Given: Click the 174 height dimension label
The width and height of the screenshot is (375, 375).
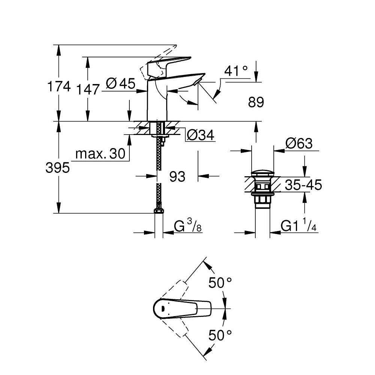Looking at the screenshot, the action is coord(59,86).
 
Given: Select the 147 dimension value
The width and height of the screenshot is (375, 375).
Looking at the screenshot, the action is coord(87,90).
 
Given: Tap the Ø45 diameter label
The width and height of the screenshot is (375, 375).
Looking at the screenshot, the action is coord(120,84).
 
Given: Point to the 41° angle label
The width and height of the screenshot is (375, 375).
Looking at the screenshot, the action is coord(236,71).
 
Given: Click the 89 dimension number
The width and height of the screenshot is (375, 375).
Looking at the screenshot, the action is coord(256,102).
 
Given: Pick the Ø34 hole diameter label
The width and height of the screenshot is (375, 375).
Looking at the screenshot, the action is coord(200,135).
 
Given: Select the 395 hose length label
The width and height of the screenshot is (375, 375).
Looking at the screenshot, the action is coord(58,168).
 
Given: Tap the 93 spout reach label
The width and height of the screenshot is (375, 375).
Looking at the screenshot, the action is coord(177,177).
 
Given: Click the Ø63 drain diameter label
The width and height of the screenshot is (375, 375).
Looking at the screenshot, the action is coord(299,144).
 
